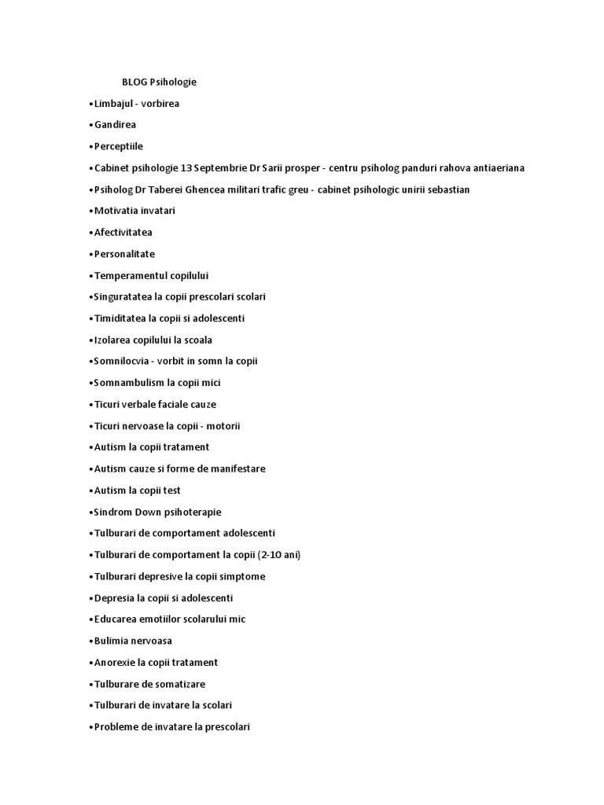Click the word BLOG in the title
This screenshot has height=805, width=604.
(134, 82)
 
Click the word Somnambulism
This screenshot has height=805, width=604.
(129, 383)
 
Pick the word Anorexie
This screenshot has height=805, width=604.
(113, 663)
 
